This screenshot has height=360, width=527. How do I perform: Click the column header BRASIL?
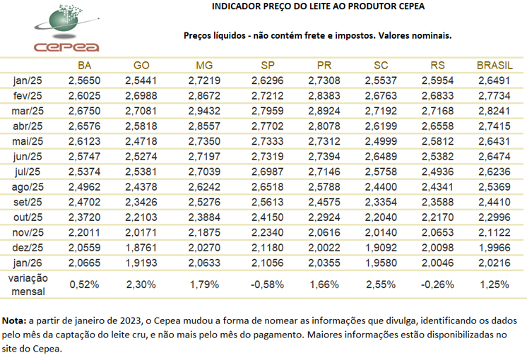click(x=495, y=66)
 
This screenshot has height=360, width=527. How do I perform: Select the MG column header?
click(x=204, y=66)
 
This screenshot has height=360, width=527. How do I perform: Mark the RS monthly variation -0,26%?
click(x=444, y=284)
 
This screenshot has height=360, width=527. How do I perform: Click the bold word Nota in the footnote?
click(x=16, y=318)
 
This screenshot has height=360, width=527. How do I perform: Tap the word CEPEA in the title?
click(x=410, y=7)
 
